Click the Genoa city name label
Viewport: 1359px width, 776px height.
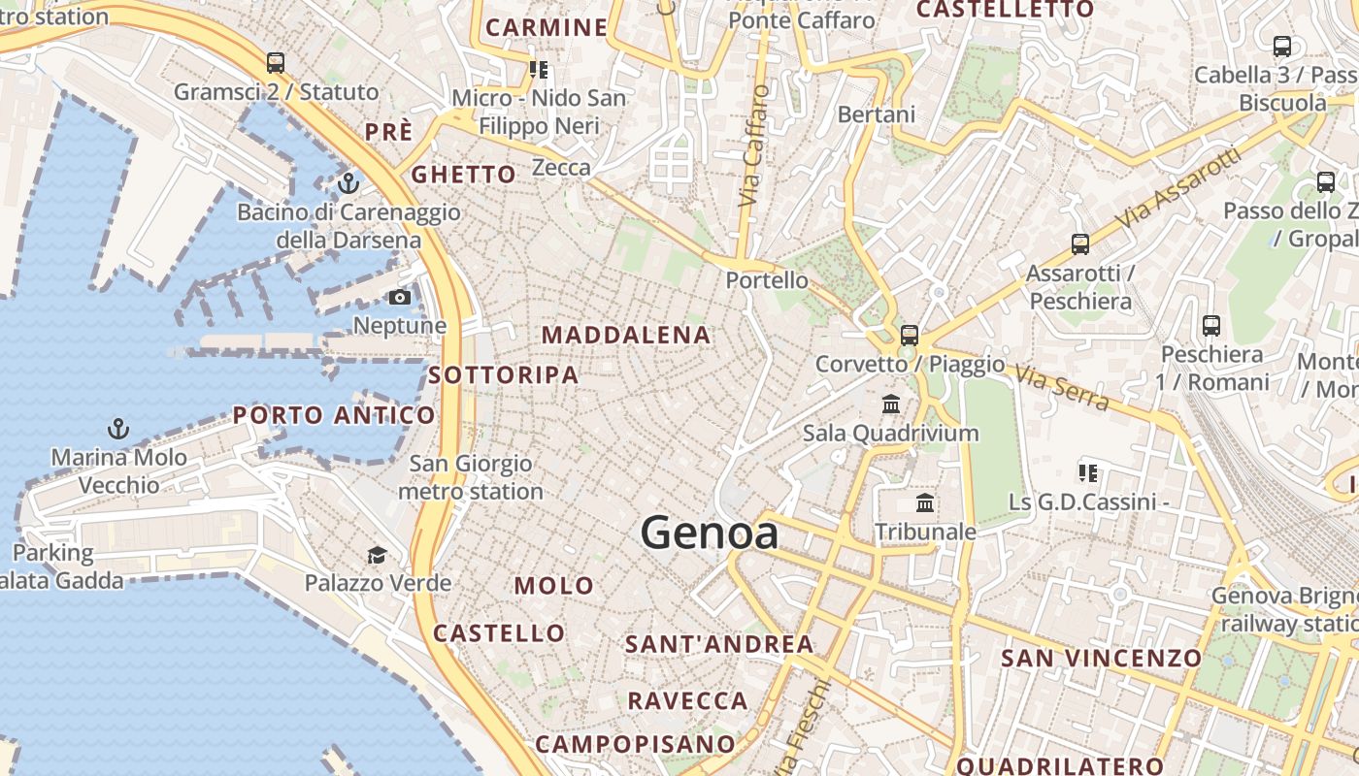click(x=709, y=533)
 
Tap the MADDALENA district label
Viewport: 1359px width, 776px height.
click(x=626, y=336)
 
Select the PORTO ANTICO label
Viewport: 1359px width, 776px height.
click(x=334, y=416)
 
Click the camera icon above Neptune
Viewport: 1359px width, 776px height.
click(x=400, y=297)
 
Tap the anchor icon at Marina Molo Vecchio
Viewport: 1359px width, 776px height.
click(x=118, y=428)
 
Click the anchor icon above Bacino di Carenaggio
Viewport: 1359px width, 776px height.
click(x=348, y=181)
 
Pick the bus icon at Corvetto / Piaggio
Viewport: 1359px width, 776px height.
click(x=910, y=336)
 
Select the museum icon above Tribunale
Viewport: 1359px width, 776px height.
click(x=925, y=503)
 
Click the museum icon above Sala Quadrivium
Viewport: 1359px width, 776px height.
click(x=890, y=404)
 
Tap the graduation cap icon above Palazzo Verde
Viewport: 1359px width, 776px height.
click(x=377, y=555)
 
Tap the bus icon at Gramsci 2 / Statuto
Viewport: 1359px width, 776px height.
click(x=276, y=63)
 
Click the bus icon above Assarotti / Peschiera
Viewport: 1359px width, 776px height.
click(x=1079, y=244)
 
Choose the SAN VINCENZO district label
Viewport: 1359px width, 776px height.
click(x=1102, y=658)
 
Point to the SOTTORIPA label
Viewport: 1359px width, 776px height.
click(x=503, y=374)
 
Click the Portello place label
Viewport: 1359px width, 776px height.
click(x=767, y=280)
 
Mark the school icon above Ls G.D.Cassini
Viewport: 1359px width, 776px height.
click(x=1088, y=473)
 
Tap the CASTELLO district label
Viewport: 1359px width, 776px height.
click(x=499, y=633)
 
